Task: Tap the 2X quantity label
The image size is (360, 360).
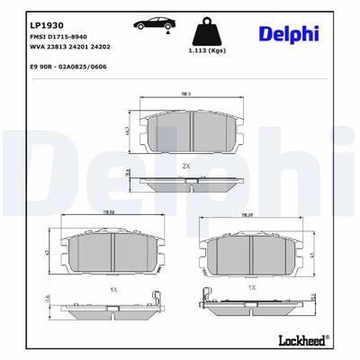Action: tap(185, 166)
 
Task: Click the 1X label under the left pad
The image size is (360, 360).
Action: tap(113, 289)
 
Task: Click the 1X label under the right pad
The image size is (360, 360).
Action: tap(253, 287)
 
